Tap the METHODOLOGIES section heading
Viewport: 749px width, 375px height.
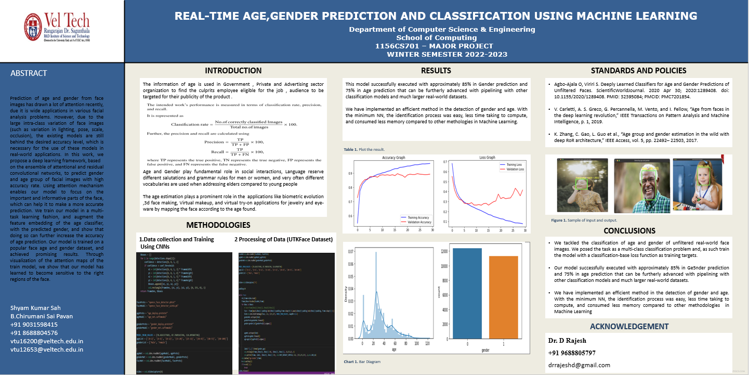point(218,225)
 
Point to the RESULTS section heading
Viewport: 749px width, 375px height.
point(436,71)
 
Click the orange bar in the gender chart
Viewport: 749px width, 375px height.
point(504,296)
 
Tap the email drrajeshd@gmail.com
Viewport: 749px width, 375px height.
point(579,365)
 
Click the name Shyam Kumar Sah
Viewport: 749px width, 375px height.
point(35,308)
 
